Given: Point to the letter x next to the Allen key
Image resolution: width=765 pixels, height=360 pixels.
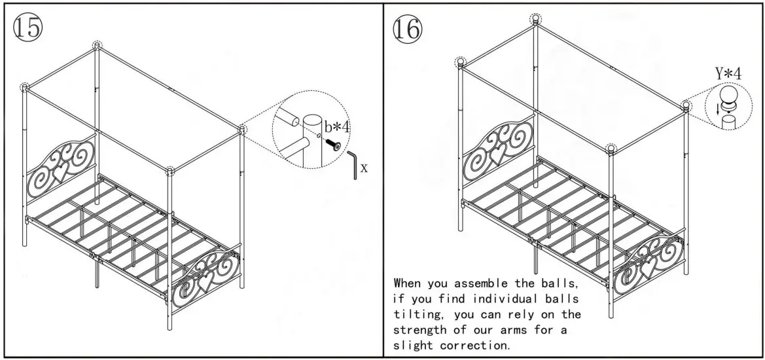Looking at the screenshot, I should point(364,168).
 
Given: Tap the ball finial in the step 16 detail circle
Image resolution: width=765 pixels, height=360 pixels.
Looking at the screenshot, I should point(728,98).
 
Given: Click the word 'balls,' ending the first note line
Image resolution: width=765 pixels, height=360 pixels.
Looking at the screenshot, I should point(559,285).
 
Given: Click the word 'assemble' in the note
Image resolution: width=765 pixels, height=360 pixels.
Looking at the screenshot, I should point(494,285).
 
